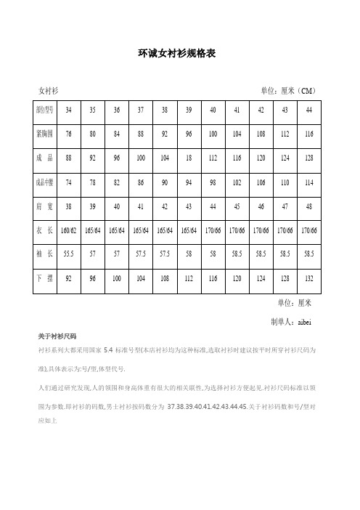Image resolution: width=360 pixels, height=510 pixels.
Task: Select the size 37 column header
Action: coord(140,110)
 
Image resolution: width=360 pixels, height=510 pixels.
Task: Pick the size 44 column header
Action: coord(308,110)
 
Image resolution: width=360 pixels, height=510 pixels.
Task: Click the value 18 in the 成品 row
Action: coord(188,158)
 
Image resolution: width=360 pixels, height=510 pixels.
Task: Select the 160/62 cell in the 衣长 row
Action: coord(69,231)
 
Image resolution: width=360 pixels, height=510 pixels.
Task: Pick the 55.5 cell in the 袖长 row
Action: coord(69,255)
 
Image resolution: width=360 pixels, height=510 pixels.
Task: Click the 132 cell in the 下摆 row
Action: coord(308,279)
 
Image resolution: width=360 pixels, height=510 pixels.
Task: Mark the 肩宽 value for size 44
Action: coord(308,206)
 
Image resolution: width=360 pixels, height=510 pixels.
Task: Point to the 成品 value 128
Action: coord(308,158)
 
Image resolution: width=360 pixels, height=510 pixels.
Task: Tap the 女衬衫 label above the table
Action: coord(48,89)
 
